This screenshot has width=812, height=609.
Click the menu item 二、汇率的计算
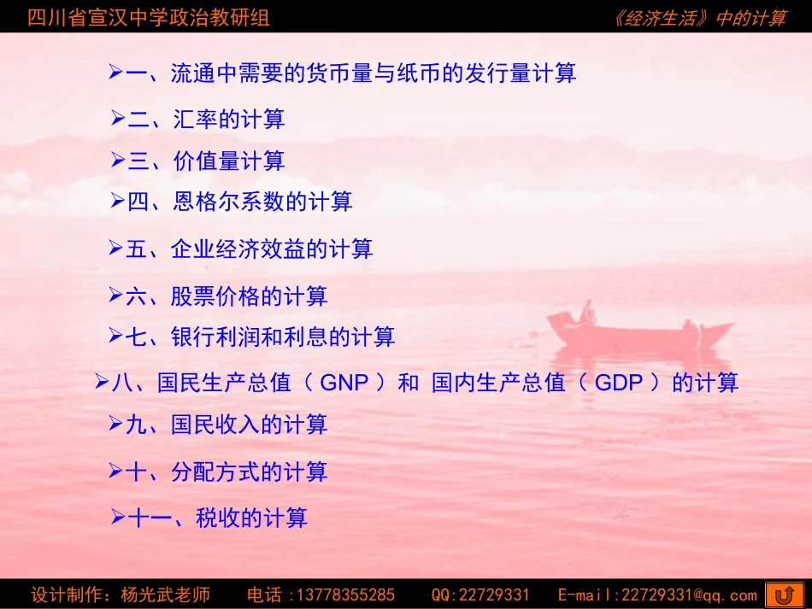[206, 120]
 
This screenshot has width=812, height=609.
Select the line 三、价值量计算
[206, 161]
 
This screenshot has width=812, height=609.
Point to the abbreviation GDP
[618, 383]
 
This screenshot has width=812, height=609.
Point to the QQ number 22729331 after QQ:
[495, 595]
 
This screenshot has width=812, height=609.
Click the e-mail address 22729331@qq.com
[688, 595]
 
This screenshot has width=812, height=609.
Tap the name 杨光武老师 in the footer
[166, 595]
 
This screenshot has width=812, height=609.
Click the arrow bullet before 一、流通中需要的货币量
[116, 73]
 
